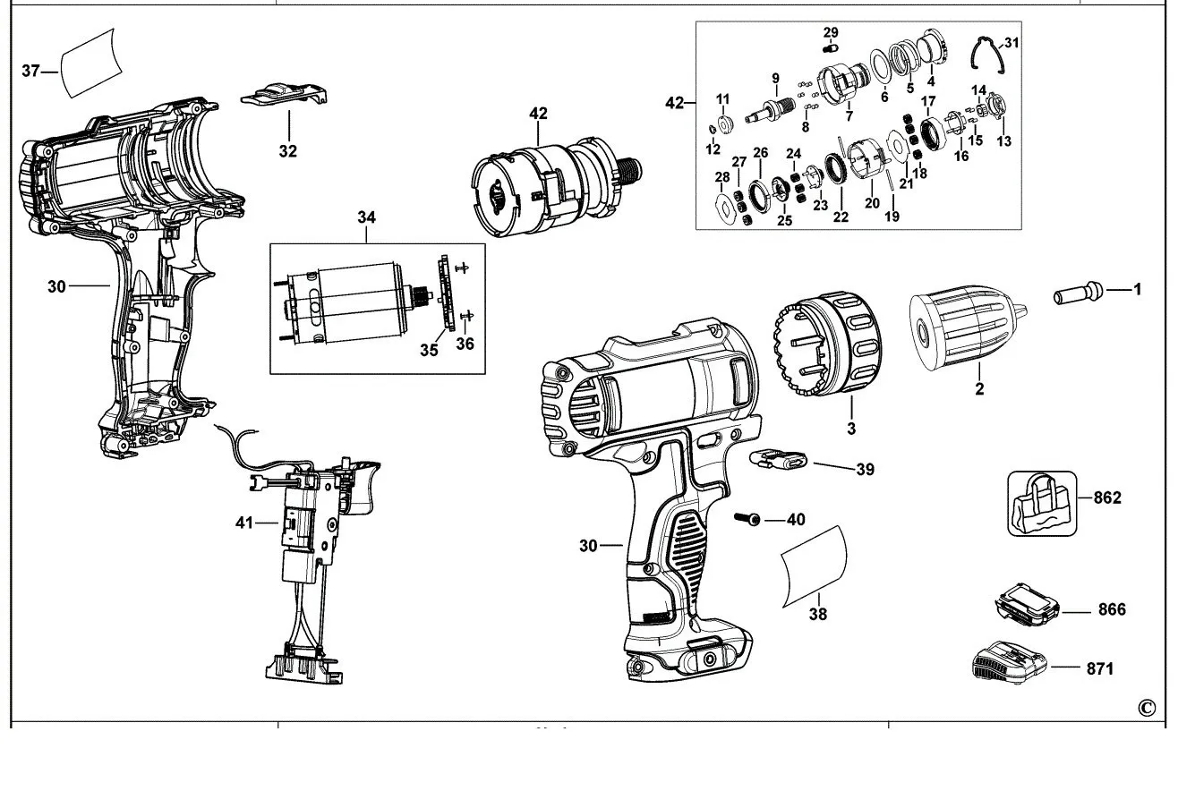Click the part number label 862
1107,498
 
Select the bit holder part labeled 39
779,460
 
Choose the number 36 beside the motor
464,343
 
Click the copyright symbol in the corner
1147,707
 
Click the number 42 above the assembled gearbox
538,114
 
